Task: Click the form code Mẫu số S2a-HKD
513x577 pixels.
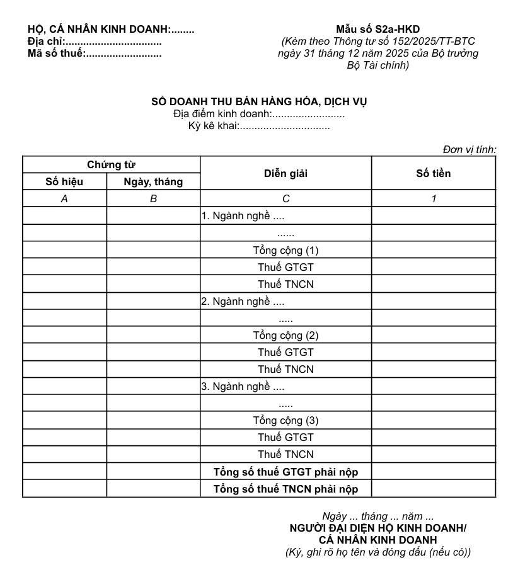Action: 378,29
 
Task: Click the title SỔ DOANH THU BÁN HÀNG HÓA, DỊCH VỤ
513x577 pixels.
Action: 259,101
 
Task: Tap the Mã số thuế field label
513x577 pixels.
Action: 57,54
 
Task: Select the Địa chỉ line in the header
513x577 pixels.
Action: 95,42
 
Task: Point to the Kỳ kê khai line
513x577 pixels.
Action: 259,126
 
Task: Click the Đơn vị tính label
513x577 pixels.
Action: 469,149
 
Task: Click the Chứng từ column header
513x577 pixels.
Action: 111,165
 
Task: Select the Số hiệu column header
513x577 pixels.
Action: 64,182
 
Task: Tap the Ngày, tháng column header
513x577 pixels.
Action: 153,182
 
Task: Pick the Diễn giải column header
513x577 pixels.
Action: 285,173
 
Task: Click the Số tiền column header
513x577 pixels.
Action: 434,173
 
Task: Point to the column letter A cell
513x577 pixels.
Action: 64,199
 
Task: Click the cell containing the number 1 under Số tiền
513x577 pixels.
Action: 434,199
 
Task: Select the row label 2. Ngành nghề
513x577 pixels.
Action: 243,301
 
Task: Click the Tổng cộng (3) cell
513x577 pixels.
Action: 285,420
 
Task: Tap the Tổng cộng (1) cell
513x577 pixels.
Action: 285,250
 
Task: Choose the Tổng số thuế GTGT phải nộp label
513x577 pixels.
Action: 285,472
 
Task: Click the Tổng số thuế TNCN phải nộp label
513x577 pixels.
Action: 285,489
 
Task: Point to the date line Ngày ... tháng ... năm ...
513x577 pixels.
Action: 378,517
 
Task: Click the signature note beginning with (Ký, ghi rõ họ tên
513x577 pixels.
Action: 378,552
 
